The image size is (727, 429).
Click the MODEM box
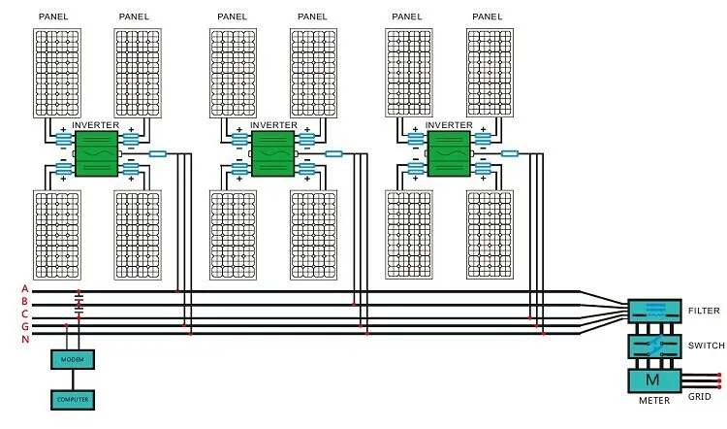coord(73,359)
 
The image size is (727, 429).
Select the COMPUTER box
coord(73,400)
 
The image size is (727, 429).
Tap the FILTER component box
coord(654,311)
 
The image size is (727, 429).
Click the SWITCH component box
coord(654,346)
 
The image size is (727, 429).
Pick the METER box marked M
coord(654,381)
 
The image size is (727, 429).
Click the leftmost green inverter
coord(96,153)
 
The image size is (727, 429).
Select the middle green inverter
coord(272,153)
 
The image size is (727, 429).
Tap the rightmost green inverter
coord(449,153)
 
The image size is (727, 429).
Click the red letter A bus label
coord(25,289)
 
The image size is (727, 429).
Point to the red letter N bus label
coord(25,340)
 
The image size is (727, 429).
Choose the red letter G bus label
coord(25,327)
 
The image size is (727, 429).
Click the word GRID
coord(699,397)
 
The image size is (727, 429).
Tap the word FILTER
coord(704,311)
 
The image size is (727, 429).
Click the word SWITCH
coord(706,346)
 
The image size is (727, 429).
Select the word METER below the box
coord(654,400)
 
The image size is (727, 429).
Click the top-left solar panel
coord(57,73)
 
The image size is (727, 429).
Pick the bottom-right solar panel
coord(490,235)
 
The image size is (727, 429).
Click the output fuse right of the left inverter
coord(158,153)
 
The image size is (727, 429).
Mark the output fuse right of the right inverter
coord(510,153)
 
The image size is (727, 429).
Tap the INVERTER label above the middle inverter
coord(273,125)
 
